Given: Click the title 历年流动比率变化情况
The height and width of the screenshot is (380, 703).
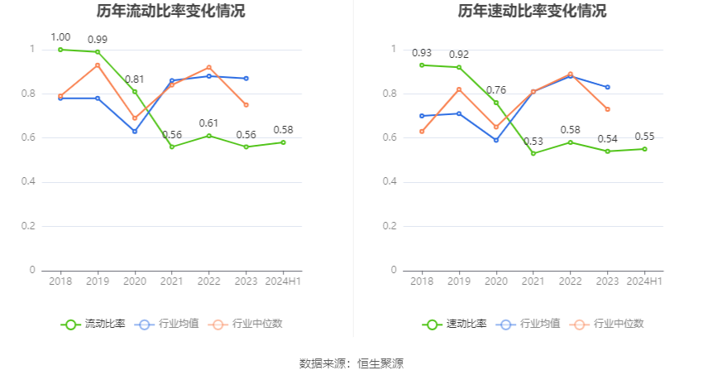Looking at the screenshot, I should (x=170, y=12).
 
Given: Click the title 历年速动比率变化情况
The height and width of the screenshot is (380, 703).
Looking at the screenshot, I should (x=532, y=12).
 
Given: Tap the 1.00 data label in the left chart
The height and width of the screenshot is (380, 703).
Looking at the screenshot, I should (x=60, y=37).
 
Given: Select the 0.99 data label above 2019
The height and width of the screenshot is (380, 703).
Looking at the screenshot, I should (x=98, y=40).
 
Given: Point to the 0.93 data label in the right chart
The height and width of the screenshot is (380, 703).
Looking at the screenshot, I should (x=422, y=53).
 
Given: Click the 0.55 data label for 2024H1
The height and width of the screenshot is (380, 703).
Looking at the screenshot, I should (x=645, y=137).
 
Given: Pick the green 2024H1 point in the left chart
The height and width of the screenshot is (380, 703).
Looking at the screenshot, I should (x=283, y=142).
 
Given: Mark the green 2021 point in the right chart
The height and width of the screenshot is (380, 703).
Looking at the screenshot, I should (x=533, y=153).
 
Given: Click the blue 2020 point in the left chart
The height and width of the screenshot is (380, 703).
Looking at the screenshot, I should (x=135, y=131).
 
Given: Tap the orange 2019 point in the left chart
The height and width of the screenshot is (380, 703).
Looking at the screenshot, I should (x=98, y=65).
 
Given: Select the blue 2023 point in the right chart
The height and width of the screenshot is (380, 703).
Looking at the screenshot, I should (x=608, y=87).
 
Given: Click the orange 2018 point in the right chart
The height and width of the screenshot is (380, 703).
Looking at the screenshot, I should (x=422, y=131).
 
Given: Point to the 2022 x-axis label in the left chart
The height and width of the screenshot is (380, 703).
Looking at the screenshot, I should (x=209, y=281).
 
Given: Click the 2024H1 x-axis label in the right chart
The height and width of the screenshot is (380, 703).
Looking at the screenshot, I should (x=645, y=281).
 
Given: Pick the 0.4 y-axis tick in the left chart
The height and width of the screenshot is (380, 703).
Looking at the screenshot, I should (x=31, y=181).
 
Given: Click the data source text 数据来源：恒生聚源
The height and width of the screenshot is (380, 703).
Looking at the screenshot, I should (x=351, y=363).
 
